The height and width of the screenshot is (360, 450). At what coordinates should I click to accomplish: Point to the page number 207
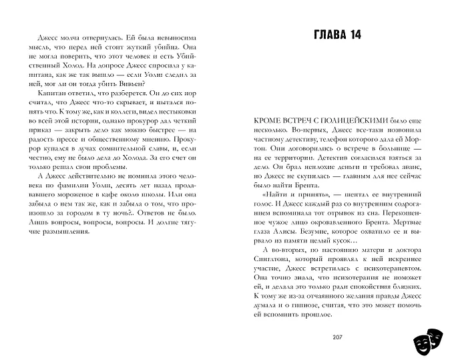(336, 337)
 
